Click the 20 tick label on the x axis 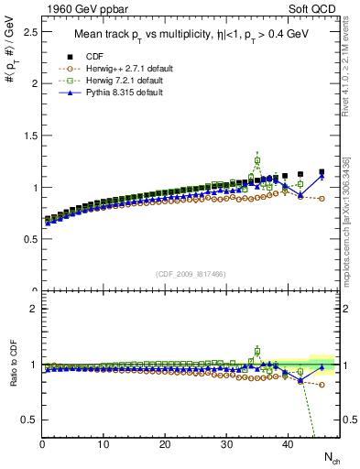165,444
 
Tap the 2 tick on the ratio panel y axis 32,309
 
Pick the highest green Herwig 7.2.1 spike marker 257,160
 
